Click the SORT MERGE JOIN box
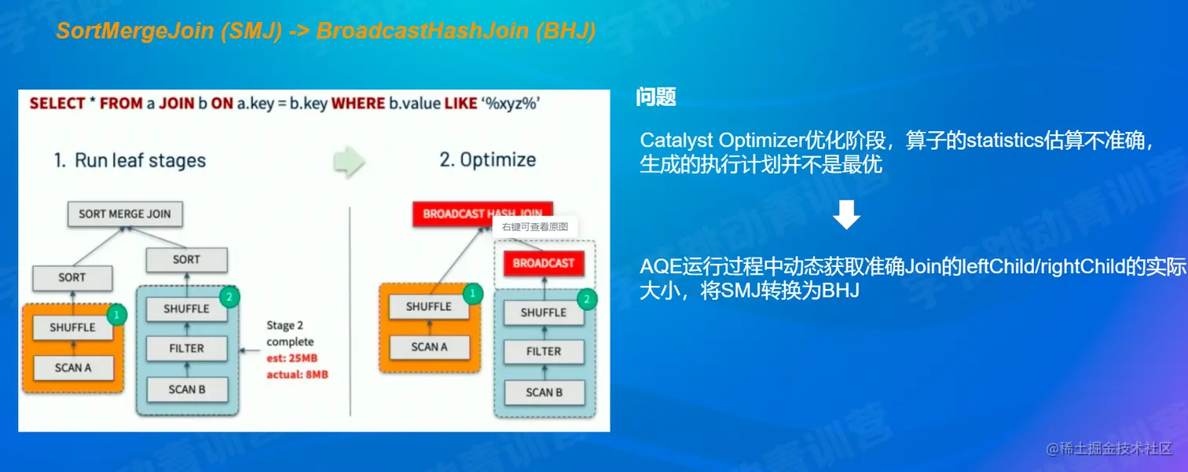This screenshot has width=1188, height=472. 125,214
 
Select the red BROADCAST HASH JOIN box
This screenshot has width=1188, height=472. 482,214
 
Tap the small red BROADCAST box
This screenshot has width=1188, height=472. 544,264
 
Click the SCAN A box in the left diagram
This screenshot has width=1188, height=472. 73,368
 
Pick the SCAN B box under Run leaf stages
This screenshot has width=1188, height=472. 187,390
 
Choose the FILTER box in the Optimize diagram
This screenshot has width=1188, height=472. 544,352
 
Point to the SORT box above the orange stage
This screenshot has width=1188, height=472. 72,278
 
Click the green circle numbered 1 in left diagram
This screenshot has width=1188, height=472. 116,315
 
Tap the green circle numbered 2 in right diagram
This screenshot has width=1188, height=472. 587,300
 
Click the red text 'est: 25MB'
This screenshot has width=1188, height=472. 292,358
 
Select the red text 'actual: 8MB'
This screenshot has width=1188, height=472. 298,375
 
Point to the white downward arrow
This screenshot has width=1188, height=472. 846,214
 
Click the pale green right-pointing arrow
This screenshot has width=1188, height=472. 349,161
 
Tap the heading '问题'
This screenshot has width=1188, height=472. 656,97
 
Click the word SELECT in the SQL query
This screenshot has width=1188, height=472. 57,104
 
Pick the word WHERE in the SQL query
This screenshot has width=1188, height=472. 358,104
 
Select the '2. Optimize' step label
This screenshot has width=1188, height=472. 488,159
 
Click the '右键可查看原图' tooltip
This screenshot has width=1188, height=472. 535,227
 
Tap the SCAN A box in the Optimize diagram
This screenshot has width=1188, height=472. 430,347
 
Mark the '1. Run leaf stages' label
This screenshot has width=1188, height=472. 130,161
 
